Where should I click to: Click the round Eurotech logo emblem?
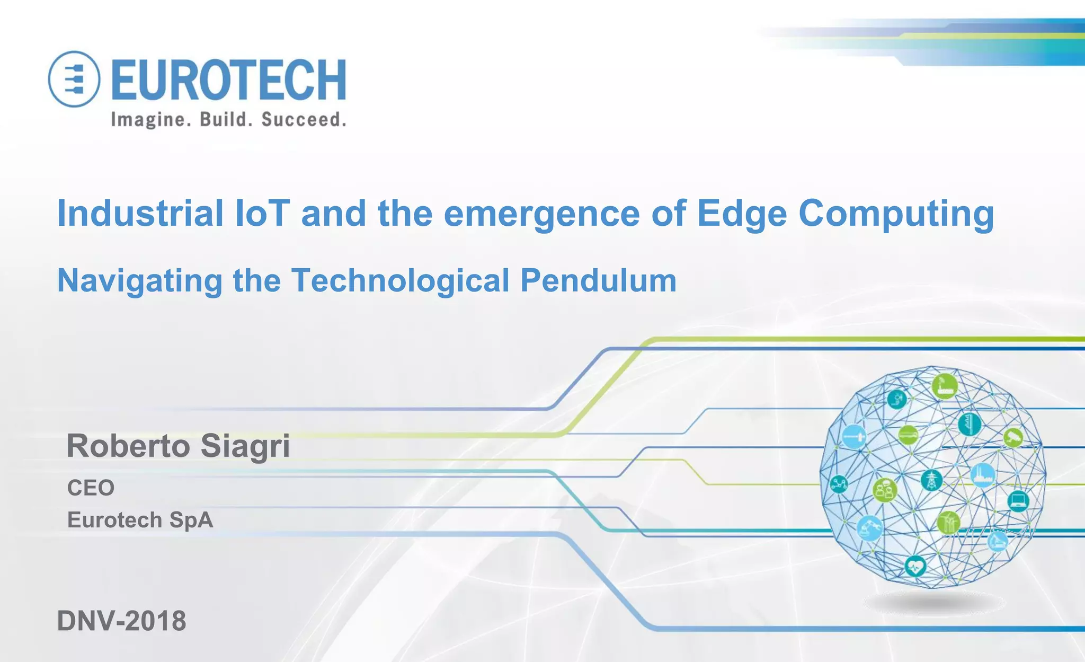pos(74,79)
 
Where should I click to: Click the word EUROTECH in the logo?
pos(229,80)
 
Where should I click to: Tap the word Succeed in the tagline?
pos(304,119)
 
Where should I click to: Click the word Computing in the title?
pos(896,213)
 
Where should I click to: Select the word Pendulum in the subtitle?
pos(598,280)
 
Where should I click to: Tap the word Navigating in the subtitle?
pos(140,280)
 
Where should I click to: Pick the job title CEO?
pos(91,488)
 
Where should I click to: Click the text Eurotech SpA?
pos(140,520)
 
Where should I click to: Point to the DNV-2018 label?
pos(121,621)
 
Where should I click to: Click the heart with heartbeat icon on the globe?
pos(915,567)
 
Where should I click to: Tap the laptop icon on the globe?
pos(1018,500)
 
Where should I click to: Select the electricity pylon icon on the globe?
pos(931,480)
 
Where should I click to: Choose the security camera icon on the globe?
pos(1013,437)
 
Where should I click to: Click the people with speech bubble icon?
pos(884,490)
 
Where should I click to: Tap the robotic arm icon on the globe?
pos(869,528)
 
